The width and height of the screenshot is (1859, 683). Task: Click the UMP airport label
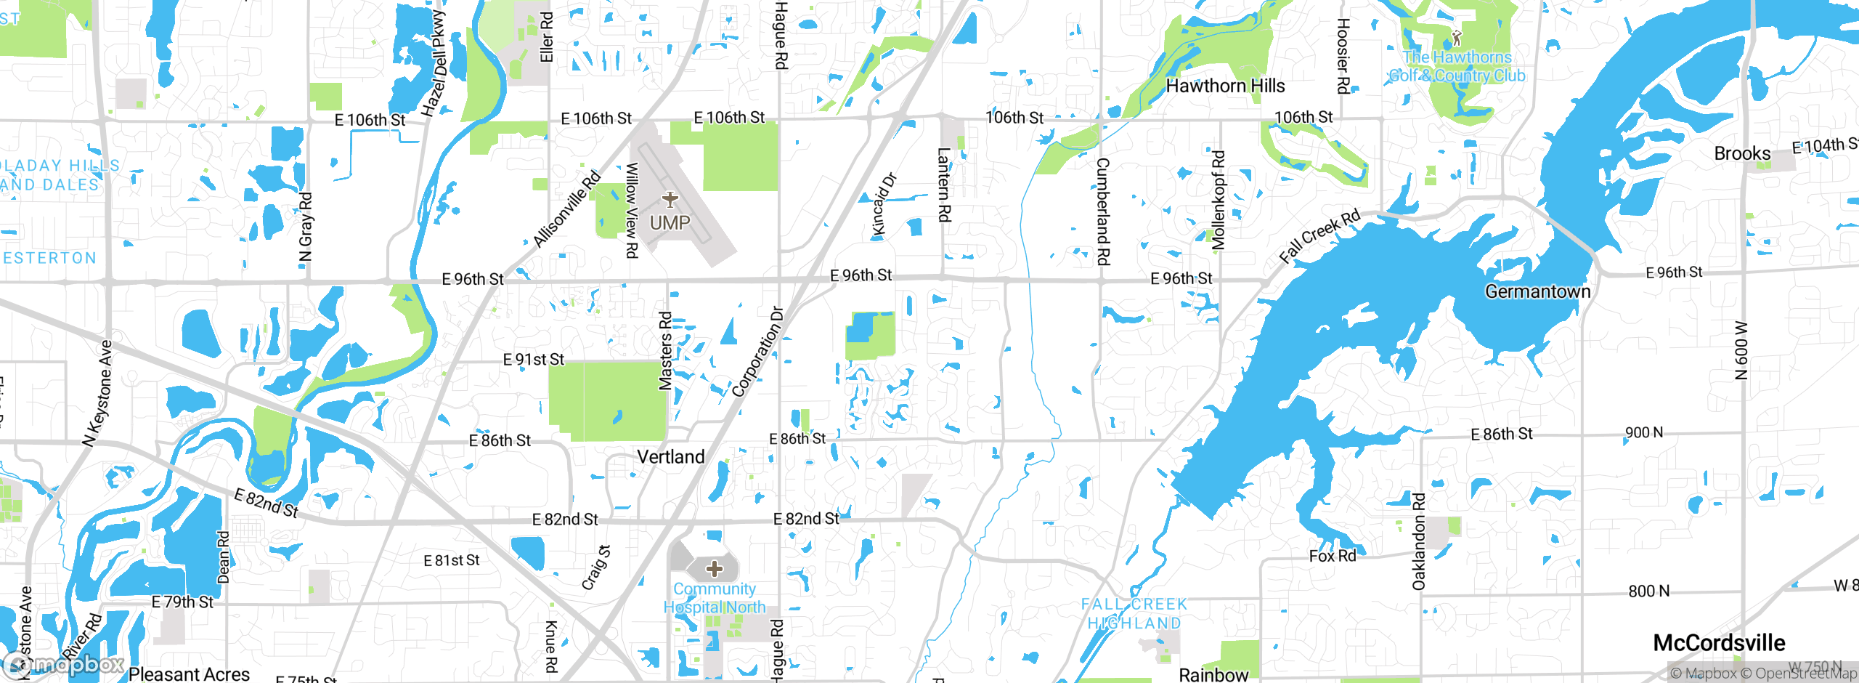pos(670,223)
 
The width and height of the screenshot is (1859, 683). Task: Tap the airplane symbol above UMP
pos(670,199)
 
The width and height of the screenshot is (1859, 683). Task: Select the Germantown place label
pos(1537,291)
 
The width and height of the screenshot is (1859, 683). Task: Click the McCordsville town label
pos(1719,643)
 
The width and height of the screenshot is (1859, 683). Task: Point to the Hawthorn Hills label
pos(1225,86)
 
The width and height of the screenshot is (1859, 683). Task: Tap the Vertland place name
pos(671,457)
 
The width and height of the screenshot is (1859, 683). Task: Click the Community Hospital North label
pos(715,598)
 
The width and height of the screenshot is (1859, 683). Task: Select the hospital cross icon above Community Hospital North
pos(715,568)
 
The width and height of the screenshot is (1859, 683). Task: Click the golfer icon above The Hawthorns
pos(1456,38)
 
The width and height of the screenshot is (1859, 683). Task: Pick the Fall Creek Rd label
pos(1319,236)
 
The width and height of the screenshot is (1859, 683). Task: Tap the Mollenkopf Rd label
pos(1219,200)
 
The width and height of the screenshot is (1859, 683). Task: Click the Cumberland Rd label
pos(1103,211)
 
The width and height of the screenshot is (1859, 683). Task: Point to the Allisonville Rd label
pos(567,209)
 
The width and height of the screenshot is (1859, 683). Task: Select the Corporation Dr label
pos(758,352)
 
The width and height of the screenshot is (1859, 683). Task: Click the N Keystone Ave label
pos(98,393)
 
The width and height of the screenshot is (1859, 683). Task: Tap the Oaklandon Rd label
pos(1419,541)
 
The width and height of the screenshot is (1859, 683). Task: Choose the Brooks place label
pos(1742,154)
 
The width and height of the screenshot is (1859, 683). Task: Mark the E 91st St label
pos(534,360)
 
